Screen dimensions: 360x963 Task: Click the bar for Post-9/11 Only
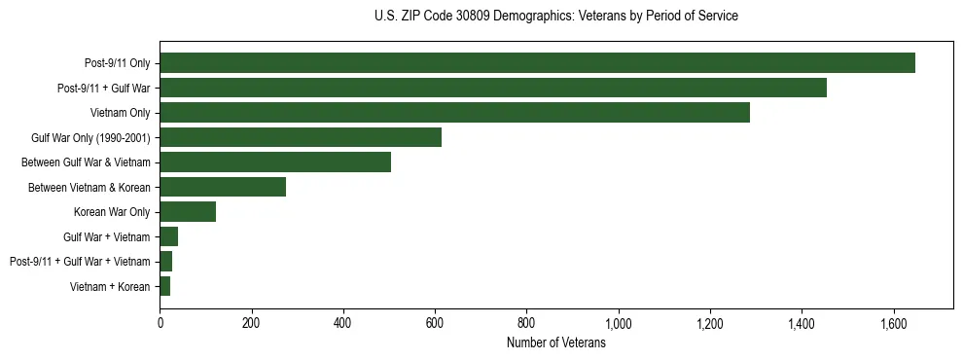click(537, 63)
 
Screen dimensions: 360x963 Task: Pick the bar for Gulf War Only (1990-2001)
click(301, 137)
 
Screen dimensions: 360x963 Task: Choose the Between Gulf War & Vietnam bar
click(275, 162)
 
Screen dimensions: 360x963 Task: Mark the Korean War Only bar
click(188, 212)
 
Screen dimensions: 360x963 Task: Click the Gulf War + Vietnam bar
click(169, 236)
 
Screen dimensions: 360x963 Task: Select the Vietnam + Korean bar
click(165, 286)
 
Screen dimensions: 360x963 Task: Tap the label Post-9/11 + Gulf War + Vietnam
click(80, 262)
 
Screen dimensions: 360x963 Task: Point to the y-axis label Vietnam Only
click(121, 113)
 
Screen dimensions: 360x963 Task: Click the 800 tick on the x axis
click(526, 323)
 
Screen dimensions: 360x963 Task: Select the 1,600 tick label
click(893, 323)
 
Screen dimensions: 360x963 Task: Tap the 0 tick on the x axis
click(160, 323)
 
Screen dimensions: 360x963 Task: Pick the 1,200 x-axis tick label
click(710, 323)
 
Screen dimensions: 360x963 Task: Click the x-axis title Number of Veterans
click(555, 343)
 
